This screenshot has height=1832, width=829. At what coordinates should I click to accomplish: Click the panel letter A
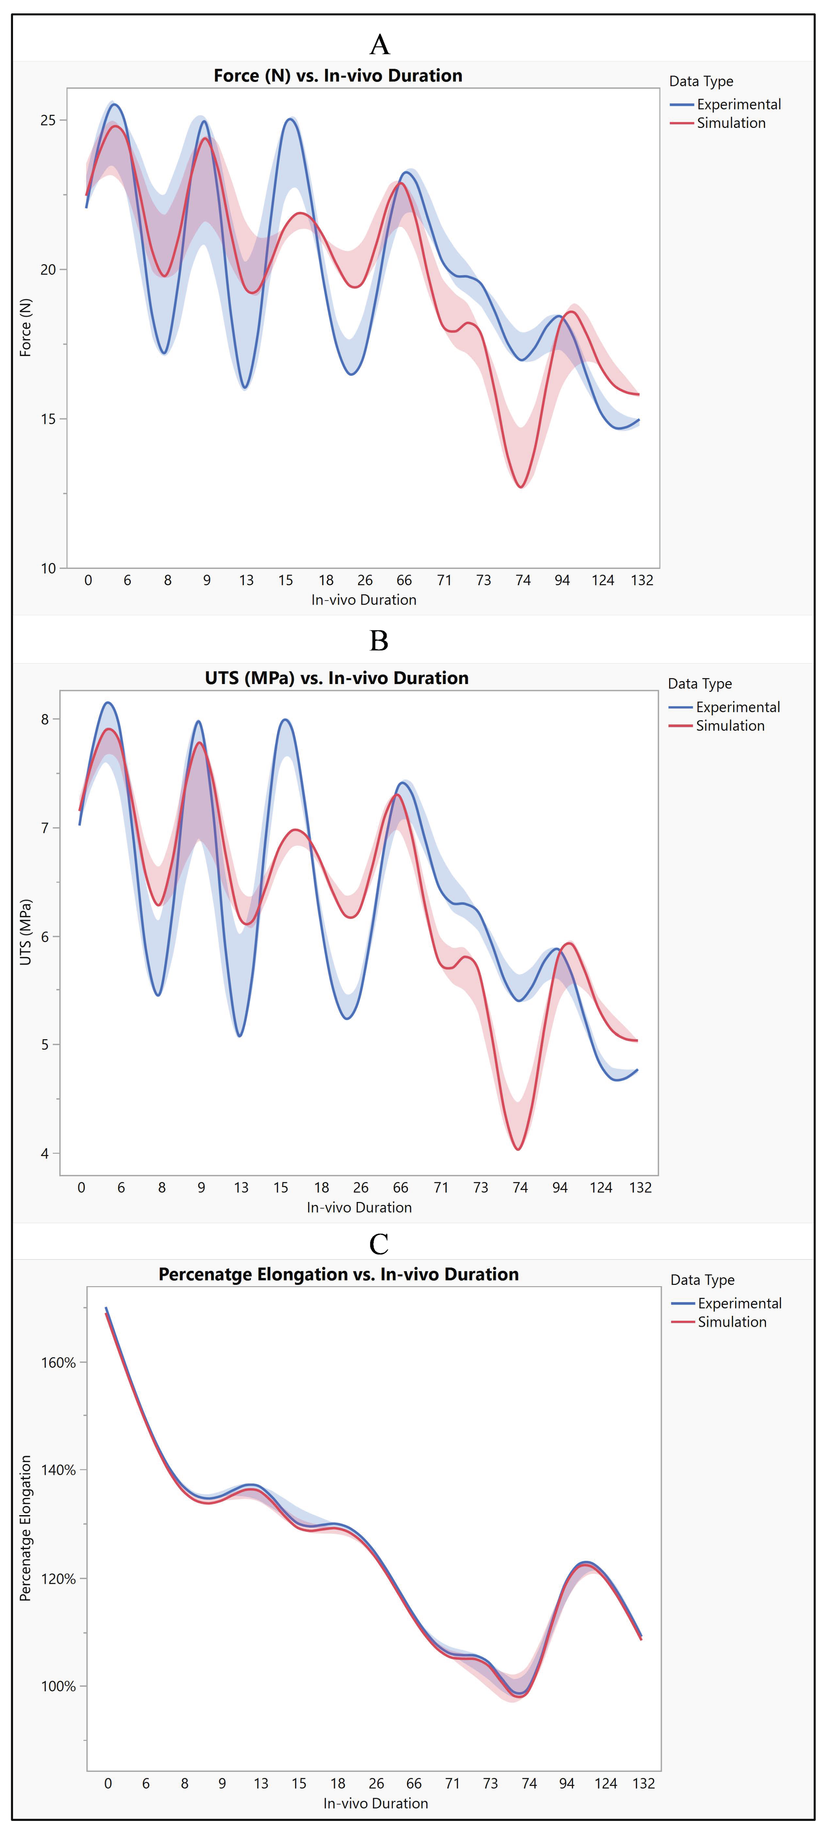click(x=380, y=45)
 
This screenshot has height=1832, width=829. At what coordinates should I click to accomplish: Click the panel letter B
click(x=379, y=641)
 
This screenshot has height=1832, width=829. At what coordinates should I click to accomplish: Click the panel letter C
click(x=379, y=1244)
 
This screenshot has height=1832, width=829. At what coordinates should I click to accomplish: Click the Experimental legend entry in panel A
click(x=738, y=105)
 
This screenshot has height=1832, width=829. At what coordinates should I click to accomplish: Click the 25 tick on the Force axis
click(x=48, y=120)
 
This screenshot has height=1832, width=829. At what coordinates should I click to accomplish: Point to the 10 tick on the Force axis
click(x=48, y=568)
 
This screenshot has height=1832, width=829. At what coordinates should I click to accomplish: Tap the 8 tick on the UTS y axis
click(x=45, y=719)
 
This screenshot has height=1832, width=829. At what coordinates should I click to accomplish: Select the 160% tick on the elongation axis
click(x=58, y=1363)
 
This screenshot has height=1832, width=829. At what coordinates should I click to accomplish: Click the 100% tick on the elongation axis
click(x=58, y=1686)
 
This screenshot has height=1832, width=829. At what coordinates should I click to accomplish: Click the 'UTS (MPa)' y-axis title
click(x=26, y=932)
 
